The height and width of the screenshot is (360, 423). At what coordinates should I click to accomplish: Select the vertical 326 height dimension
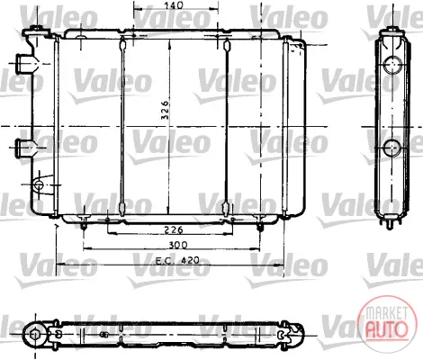[x=166, y=110]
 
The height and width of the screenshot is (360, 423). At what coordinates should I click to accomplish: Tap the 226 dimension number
[x=174, y=229]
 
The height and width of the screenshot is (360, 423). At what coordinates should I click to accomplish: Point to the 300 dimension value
[x=178, y=245]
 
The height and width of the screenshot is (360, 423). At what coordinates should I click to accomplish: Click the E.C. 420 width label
[x=177, y=260]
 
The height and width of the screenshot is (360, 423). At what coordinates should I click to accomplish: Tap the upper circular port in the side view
[x=392, y=65]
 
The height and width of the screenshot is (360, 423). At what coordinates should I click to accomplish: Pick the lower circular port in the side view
[x=392, y=148]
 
